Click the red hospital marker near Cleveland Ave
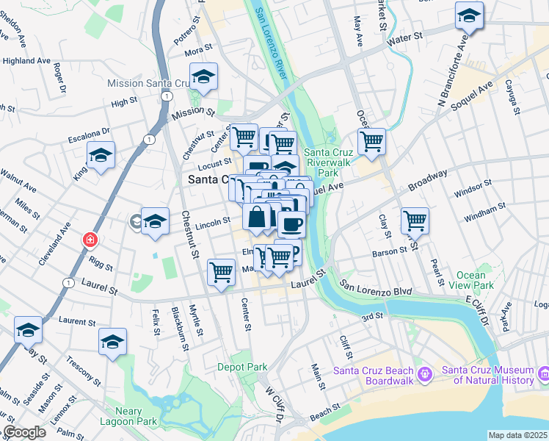(90, 240)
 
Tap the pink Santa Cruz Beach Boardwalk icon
(424, 375)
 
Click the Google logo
(24, 432)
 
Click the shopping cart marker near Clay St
(415, 220)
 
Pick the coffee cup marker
(291, 223)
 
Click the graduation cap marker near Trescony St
(113, 342)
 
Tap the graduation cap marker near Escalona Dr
(101, 155)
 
